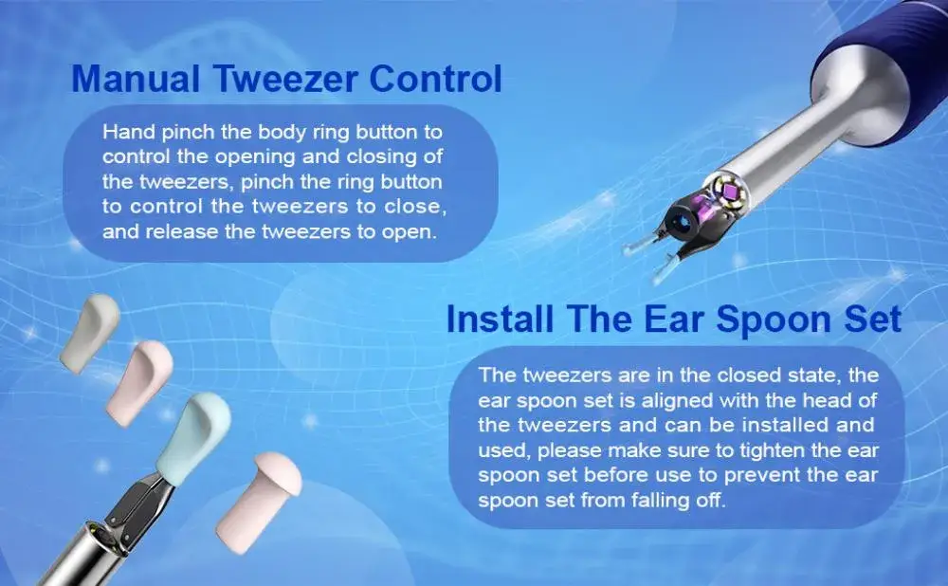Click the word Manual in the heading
136,79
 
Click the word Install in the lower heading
500,319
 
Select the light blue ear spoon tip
193,436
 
